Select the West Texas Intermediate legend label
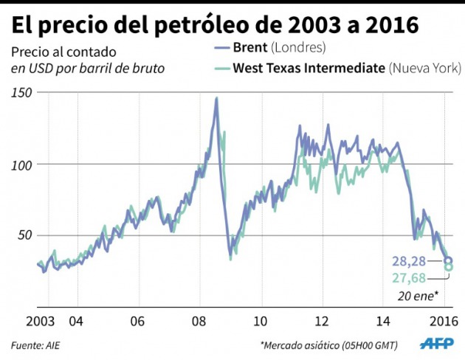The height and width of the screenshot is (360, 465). tap(309, 68)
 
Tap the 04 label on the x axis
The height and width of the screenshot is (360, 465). tap(75, 322)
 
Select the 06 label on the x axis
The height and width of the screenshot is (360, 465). tap(137, 322)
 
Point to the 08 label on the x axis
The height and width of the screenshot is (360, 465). tap(198, 322)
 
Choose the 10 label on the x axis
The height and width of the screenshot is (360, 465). tap(260, 322)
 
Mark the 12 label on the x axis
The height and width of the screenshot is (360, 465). tap(322, 322)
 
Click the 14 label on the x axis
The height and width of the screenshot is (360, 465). tap(383, 322)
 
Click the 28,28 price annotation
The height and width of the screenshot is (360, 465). tap(407, 262)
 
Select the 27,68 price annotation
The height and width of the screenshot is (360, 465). tap(407, 277)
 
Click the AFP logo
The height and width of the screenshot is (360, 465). tap(439, 344)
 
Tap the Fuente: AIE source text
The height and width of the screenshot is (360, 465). tap(35, 345)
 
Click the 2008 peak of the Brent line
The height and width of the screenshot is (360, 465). tap(216, 98)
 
